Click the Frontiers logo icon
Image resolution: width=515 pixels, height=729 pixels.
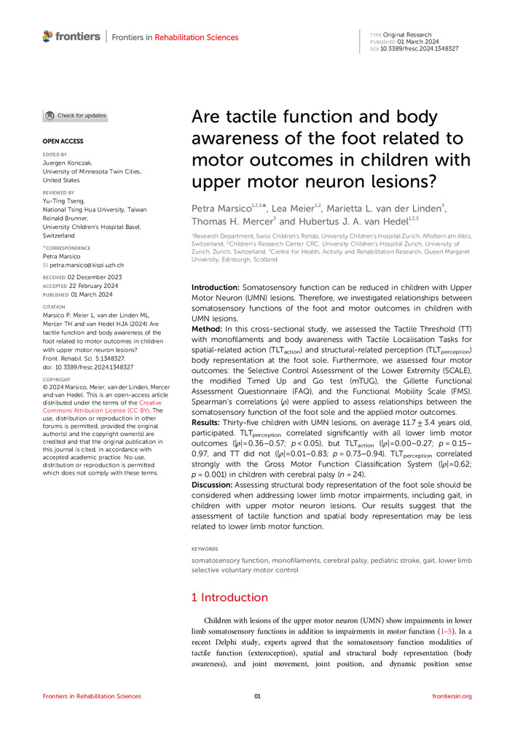click(x=48, y=36)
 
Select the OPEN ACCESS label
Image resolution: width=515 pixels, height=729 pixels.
click(x=63, y=141)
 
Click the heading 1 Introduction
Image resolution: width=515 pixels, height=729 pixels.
click(x=230, y=597)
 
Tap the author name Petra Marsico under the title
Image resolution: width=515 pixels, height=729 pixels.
click(x=221, y=209)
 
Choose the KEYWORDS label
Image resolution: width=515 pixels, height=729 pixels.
click(x=205, y=548)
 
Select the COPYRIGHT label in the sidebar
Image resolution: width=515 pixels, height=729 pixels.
click(x=60, y=380)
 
